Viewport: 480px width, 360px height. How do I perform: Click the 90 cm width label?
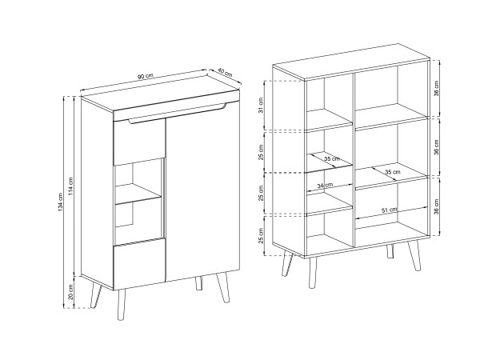pyautogui.click(x=145, y=77)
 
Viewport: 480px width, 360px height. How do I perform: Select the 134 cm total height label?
pyautogui.click(x=60, y=202)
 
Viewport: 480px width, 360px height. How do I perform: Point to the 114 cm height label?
pyautogui.click(x=70, y=186)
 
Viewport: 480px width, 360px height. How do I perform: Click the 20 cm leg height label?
pyautogui.click(x=70, y=292)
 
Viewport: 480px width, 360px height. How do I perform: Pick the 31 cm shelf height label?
pyautogui.click(x=261, y=106)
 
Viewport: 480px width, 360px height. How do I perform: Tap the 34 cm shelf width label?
pyautogui.click(x=325, y=186)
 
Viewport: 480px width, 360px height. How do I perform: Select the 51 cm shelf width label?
pyautogui.click(x=390, y=210)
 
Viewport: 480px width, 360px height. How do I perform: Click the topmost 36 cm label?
pyautogui.click(x=437, y=89)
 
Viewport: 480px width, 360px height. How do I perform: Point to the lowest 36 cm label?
pyautogui.click(x=437, y=206)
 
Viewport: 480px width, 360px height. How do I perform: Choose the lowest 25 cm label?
pyautogui.click(x=261, y=236)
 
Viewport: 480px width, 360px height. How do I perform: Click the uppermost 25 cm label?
pyautogui.click(x=261, y=152)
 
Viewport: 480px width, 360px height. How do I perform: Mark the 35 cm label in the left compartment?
pyautogui.click(x=332, y=159)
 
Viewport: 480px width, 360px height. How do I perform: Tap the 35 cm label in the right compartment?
pyautogui.click(x=393, y=172)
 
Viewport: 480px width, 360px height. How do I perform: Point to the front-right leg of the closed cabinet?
pyautogui.click(x=223, y=287)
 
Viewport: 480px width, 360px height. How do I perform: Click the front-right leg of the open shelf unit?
pyautogui.click(x=414, y=256)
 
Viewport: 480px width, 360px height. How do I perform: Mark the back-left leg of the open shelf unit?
pyautogui.click(x=287, y=262)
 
